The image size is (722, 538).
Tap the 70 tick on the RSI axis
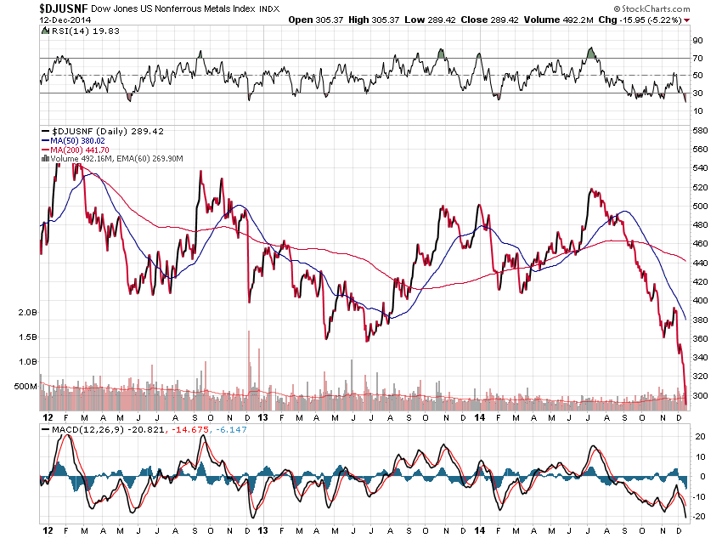(x=698, y=58)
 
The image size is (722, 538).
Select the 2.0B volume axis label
(x=28, y=313)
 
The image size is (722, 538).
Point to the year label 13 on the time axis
(x=263, y=417)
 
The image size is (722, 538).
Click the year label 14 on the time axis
(x=480, y=417)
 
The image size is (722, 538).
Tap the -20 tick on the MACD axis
(x=700, y=515)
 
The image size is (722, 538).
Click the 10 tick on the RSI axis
(x=698, y=111)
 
